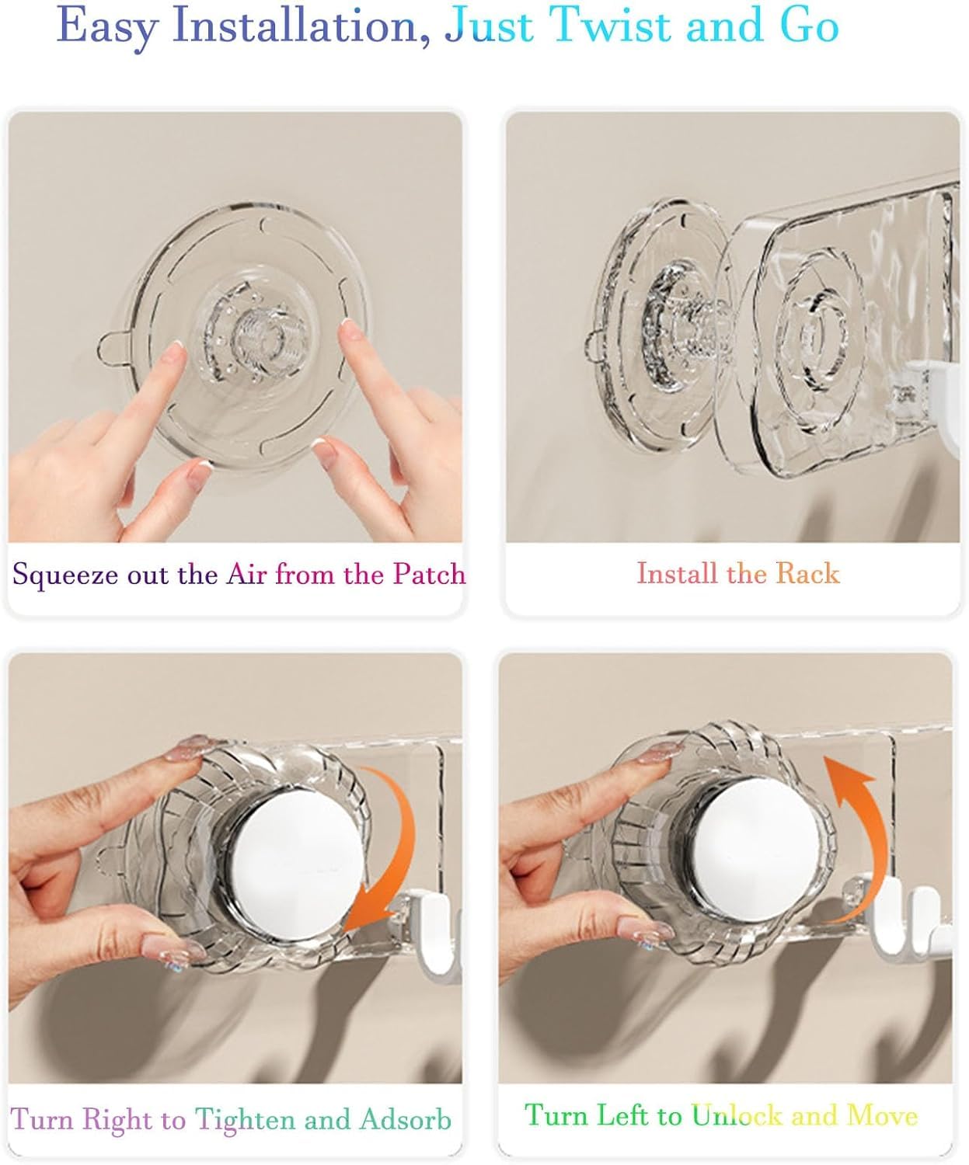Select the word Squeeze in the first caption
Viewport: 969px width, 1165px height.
coord(64,576)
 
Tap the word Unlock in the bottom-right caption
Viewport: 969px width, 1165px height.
coord(737,1115)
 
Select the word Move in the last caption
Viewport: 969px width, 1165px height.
coord(882,1115)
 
